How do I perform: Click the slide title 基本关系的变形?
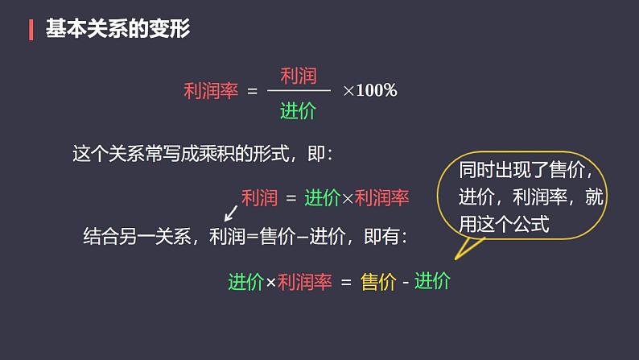[117, 30]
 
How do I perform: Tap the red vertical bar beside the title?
[31, 30]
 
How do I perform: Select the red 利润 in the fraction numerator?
[298, 77]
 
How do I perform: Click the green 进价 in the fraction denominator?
[298, 112]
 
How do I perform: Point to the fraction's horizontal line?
[298, 93]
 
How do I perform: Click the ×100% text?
[370, 90]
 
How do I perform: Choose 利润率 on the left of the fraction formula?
[211, 91]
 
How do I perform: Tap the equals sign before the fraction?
[252, 91]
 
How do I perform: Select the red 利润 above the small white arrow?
[259, 197]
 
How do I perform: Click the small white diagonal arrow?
[229, 213]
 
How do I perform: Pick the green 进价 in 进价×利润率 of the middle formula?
[324, 197]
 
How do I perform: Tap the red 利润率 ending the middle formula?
[382, 197]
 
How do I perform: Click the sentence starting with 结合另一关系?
[245, 237]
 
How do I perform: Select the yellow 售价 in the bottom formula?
[379, 282]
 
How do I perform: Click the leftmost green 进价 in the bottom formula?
[246, 282]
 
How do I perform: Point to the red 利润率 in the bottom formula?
[304, 282]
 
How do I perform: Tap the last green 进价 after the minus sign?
[432, 282]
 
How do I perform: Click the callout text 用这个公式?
[504, 225]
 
